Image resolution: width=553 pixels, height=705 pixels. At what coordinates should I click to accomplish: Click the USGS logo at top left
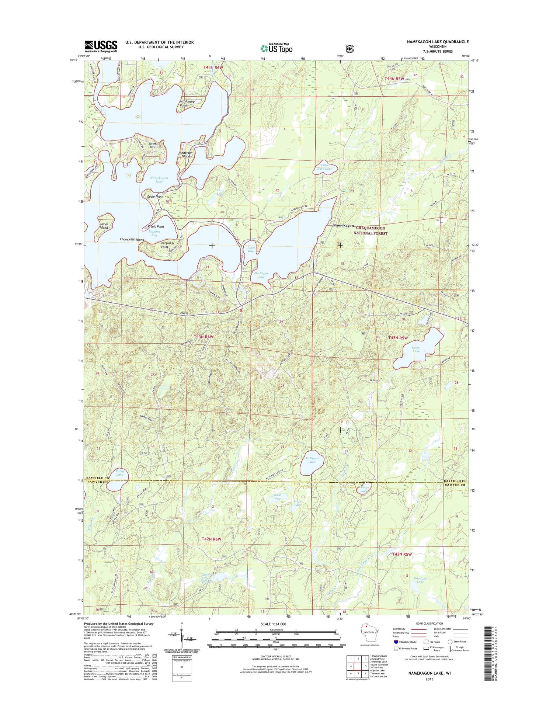pyautogui.click(x=101, y=46)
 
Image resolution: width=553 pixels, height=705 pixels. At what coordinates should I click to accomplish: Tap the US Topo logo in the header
pyautogui.click(x=276, y=48)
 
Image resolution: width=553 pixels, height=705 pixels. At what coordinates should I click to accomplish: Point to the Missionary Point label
pyautogui.click(x=187, y=103)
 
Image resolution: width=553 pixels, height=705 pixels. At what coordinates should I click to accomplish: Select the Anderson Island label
pyautogui.click(x=186, y=154)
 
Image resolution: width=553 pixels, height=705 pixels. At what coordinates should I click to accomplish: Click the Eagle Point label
pyautogui.click(x=155, y=197)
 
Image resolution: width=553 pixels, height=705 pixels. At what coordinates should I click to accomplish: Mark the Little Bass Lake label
pyautogui.click(x=324, y=167)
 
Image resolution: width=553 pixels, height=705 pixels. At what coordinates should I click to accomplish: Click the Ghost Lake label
pyautogui.click(x=416, y=349)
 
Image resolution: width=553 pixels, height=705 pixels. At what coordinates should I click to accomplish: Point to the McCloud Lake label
pyautogui.click(x=312, y=460)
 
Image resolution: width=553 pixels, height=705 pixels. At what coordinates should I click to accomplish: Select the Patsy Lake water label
pyautogui.click(x=119, y=473)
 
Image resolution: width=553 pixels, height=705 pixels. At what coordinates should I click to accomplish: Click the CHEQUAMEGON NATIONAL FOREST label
pyautogui.click(x=371, y=231)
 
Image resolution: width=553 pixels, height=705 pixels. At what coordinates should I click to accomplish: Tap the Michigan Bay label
pyautogui.click(x=261, y=275)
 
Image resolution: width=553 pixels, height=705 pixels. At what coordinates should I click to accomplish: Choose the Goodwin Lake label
pyautogui.click(x=420, y=580)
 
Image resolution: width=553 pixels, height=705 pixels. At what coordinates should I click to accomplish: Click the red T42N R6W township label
pyautogui.click(x=211, y=539)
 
